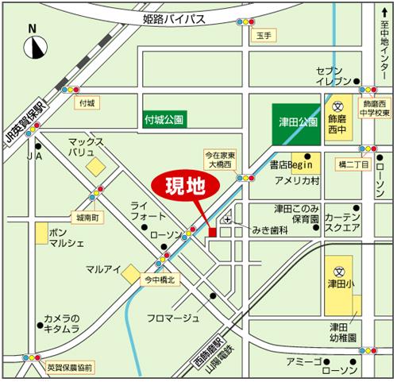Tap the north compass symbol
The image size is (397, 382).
pyautogui.click(x=33, y=48)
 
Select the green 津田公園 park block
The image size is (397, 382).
pyautogui.click(x=298, y=123)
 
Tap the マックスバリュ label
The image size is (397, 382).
pyautogui.click(x=86, y=145)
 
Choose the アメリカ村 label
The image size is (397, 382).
pyautogui.click(x=298, y=182)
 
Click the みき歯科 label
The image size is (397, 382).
pyautogui.click(x=268, y=230)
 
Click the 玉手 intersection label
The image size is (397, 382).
pyautogui.click(x=264, y=36)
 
